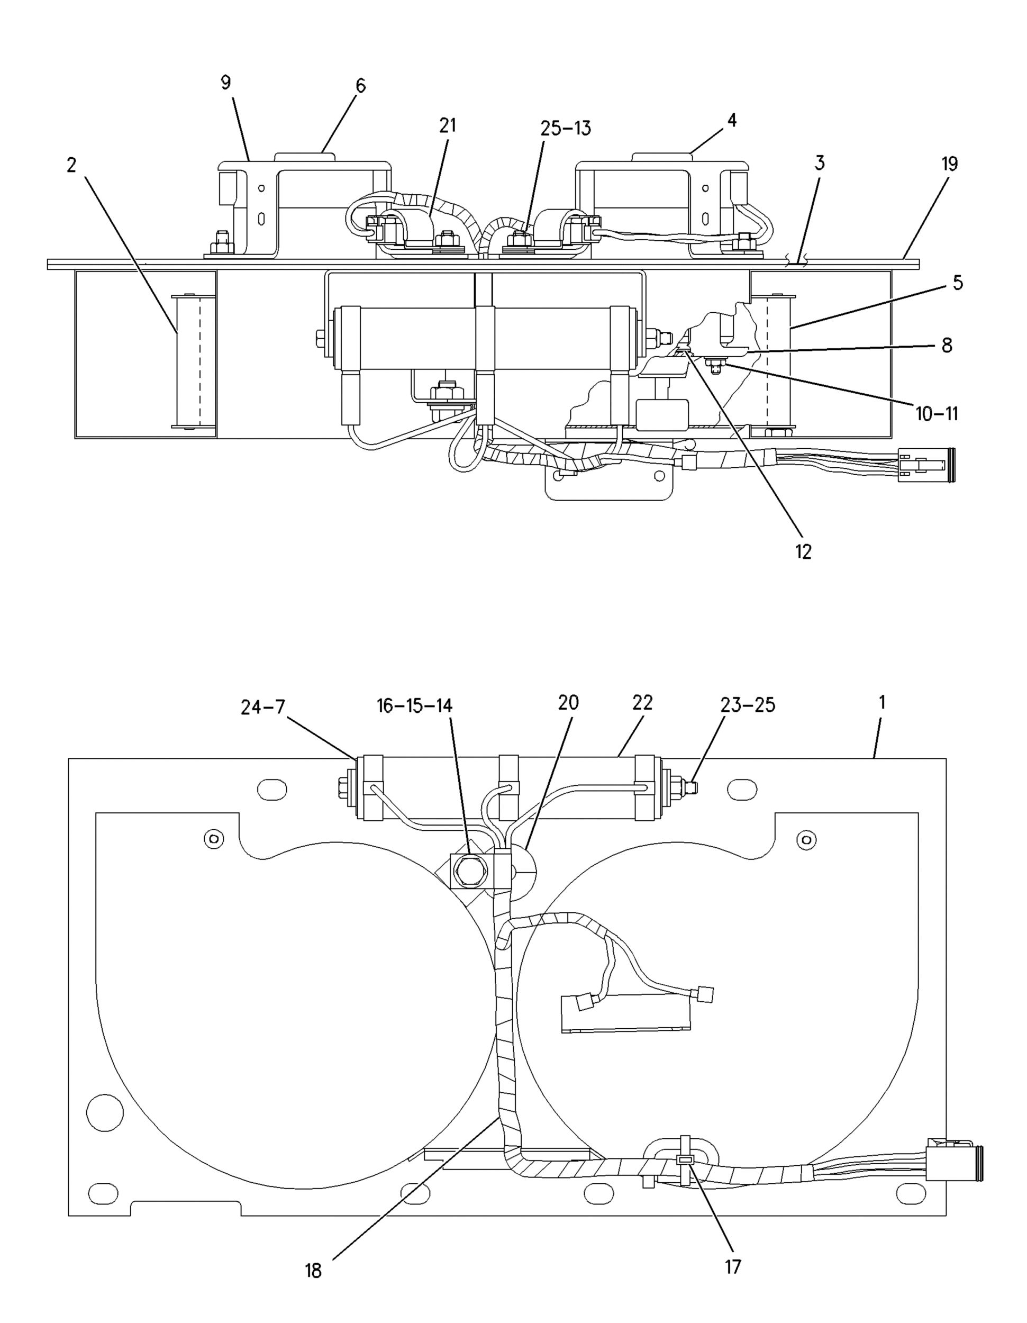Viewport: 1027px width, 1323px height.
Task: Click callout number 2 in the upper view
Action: click(x=71, y=165)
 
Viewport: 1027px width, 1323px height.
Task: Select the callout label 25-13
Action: click(x=566, y=129)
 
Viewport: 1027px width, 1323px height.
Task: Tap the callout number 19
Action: click(x=949, y=164)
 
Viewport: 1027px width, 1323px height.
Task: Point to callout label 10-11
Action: click(x=936, y=414)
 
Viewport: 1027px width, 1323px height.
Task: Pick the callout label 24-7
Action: click(x=263, y=707)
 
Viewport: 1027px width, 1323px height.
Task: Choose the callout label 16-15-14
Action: click(x=415, y=706)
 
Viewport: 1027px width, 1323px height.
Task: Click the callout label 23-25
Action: click(x=747, y=705)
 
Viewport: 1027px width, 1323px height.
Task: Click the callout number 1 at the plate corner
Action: click(x=881, y=703)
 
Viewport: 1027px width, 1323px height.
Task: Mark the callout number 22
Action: click(x=642, y=703)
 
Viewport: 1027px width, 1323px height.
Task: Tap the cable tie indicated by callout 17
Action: click(x=685, y=1159)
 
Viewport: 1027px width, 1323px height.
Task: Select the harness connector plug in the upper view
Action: click(x=926, y=465)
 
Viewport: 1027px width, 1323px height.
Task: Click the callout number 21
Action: click(x=448, y=125)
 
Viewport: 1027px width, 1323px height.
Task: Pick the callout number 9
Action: click(x=225, y=83)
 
